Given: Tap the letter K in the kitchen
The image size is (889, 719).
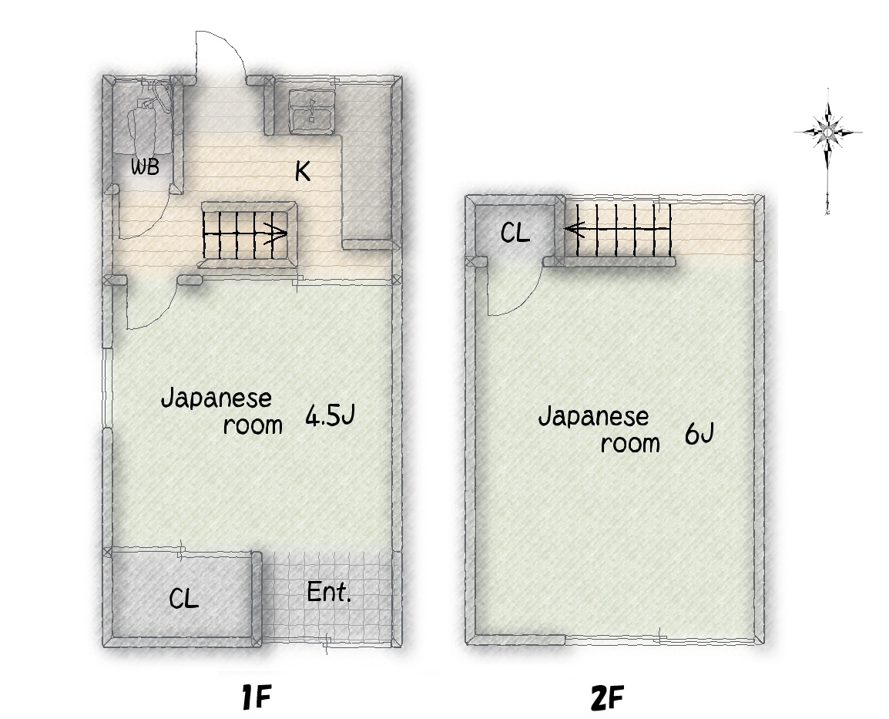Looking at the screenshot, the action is (x=303, y=170).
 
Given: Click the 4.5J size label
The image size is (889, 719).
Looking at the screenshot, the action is (x=330, y=415).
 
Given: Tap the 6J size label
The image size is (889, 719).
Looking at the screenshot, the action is (x=699, y=435).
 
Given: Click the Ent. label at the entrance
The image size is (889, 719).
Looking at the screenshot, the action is (x=329, y=593).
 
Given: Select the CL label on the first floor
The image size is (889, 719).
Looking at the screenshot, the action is (x=184, y=598).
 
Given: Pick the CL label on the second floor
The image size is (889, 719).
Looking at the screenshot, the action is (x=515, y=233).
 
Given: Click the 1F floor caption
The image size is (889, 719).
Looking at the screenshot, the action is (x=256, y=697).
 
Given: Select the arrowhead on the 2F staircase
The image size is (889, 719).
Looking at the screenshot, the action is (x=572, y=229).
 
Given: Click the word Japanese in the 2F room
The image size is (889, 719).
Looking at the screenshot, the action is (x=594, y=418).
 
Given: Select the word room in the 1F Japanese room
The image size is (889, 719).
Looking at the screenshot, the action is (x=253, y=425).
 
